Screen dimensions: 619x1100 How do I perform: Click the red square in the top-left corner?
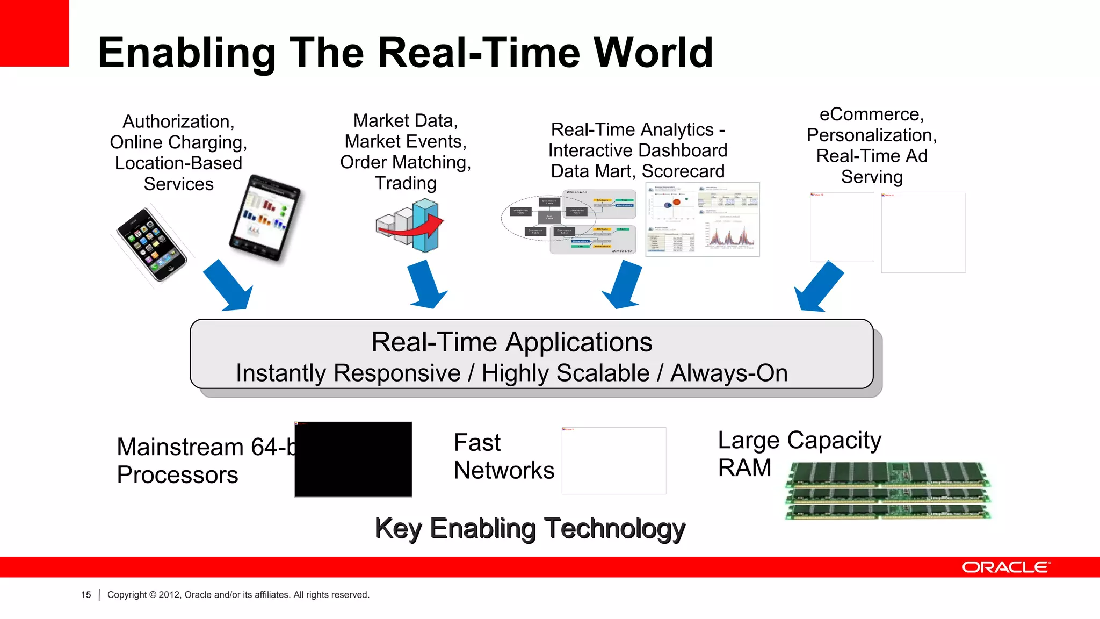34,32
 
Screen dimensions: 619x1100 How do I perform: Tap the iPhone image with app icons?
151,244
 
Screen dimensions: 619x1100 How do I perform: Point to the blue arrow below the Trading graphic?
426,285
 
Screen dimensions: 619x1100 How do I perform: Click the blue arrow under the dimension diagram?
623,285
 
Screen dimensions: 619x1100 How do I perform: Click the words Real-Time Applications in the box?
511,342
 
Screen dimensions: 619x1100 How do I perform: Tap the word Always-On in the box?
729,373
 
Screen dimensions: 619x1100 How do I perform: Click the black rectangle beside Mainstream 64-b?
353,459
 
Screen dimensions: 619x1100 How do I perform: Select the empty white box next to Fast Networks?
613,460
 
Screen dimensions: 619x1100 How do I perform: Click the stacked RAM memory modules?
887,491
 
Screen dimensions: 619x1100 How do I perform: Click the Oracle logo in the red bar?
1005,567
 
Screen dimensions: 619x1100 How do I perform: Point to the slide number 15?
86,595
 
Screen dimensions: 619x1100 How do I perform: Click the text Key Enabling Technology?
530,529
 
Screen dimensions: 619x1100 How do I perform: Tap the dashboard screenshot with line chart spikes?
703,219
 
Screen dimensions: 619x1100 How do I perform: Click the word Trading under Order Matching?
406,183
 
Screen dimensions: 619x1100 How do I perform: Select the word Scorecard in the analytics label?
683,171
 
